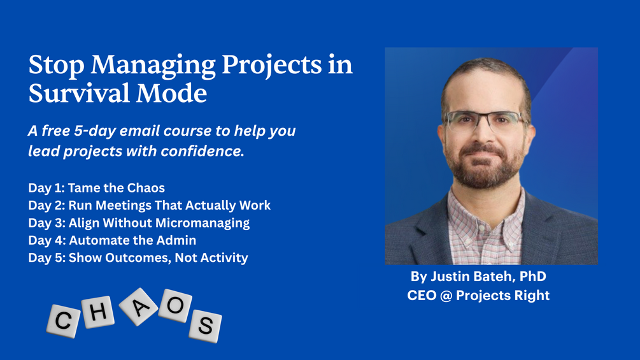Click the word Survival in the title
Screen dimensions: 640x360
tap(79, 93)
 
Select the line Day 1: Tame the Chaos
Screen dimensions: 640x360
tap(96, 188)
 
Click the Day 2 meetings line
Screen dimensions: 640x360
tap(150, 205)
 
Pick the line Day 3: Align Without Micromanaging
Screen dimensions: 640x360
tap(139, 223)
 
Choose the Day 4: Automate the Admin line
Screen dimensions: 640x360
tap(112, 240)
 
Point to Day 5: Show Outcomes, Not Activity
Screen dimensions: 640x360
tap(138, 257)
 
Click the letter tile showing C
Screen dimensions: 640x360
tap(63, 321)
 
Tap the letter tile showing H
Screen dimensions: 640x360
tap(98, 312)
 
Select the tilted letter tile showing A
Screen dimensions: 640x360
tap(139, 307)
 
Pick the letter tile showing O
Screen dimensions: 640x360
tap(175, 306)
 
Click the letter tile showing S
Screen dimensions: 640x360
tap(205, 326)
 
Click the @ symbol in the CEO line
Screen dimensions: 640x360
tap(446, 296)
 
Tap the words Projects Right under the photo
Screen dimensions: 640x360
tap(502, 296)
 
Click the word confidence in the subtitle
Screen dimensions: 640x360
tap(203, 151)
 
